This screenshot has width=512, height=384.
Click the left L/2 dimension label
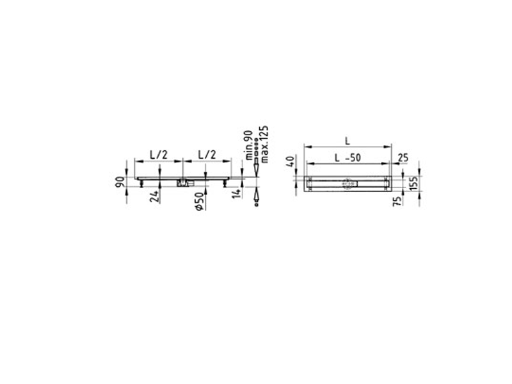coord(158,154)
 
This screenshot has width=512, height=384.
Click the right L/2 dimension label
coord(207,154)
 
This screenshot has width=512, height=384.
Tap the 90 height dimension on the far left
coord(120,182)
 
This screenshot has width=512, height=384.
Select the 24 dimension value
coord(154,196)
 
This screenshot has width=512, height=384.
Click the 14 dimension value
coord(237,193)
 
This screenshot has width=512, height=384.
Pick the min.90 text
coord(249,145)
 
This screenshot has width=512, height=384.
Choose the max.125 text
coord(264,144)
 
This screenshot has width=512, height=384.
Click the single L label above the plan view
coord(348,141)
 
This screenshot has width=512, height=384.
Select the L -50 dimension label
coord(348,157)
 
